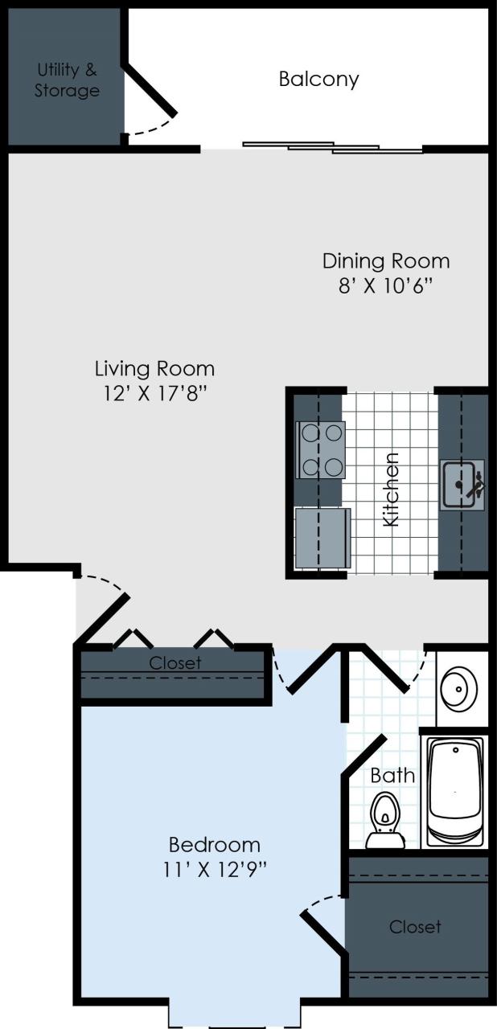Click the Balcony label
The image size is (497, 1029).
[x=318, y=79]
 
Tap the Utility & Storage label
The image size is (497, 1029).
[x=67, y=80]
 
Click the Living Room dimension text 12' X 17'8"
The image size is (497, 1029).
[x=154, y=395]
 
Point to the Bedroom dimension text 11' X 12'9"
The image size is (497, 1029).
[x=214, y=869]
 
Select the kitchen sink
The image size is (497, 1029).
[x=462, y=484]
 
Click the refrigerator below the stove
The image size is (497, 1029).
[x=322, y=538]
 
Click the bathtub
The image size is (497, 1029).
[x=454, y=791]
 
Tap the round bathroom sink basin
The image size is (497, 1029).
[x=461, y=687]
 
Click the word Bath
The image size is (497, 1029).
[x=392, y=775]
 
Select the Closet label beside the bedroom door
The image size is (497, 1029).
[x=175, y=663]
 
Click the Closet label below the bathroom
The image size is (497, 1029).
[x=415, y=927]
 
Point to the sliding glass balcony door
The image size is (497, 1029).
[x=333, y=147]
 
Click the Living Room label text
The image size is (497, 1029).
[x=154, y=369]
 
